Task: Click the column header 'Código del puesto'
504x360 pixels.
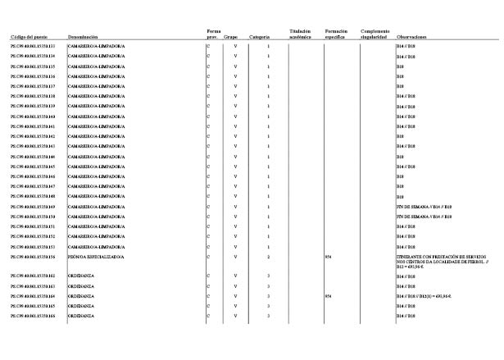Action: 27,38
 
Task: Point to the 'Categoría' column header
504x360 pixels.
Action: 260,38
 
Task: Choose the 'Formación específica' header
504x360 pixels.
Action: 337,34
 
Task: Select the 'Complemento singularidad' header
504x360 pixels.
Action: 375,34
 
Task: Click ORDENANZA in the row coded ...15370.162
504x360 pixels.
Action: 79,276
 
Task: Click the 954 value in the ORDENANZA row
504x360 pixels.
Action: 329,296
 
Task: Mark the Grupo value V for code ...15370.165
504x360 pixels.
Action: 235,306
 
